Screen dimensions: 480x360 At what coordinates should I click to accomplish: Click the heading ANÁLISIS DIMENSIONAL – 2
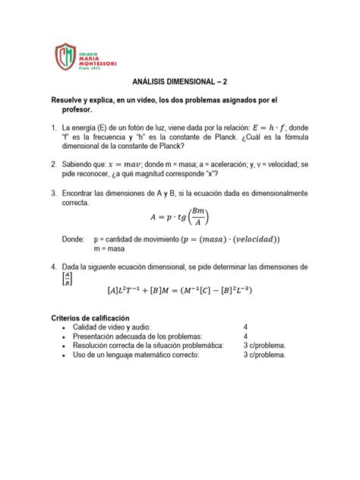click(179, 86)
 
